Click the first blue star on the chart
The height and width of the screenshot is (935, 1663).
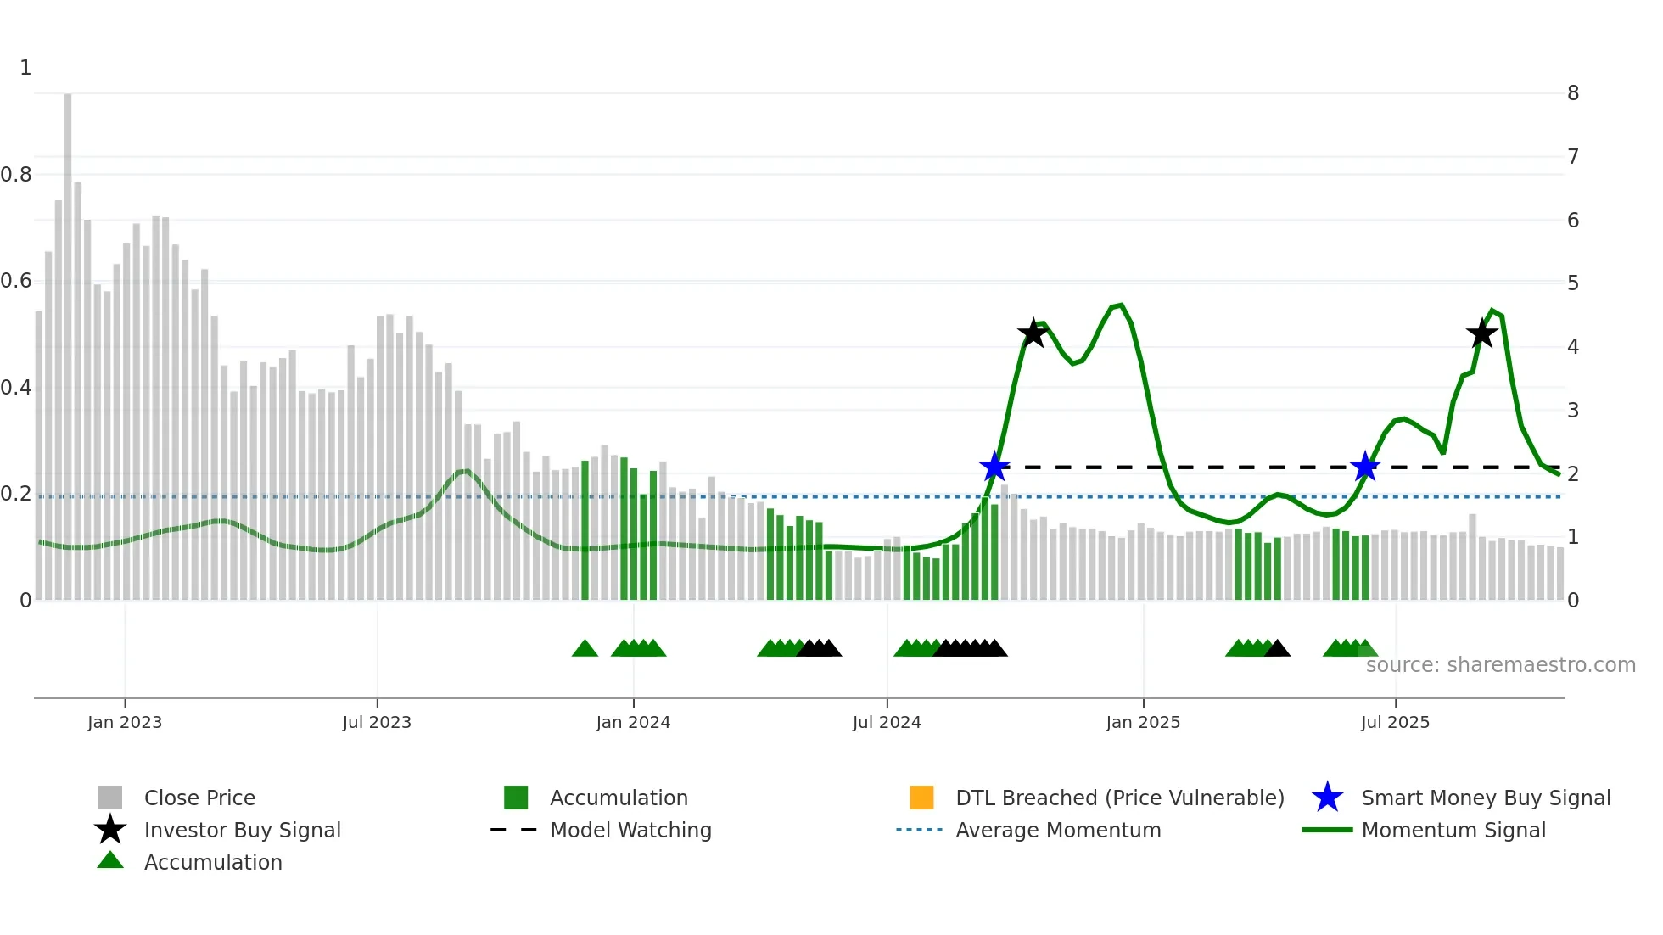click(x=994, y=467)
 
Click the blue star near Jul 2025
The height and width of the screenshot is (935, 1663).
click(x=1365, y=467)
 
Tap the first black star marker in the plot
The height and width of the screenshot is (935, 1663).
click(x=1033, y=333)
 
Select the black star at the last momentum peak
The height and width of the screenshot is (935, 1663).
click(x=1481, y=333)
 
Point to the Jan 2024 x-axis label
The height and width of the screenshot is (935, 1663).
click(x=633, y=722)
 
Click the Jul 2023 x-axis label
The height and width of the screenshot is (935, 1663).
click(x=377, y=722)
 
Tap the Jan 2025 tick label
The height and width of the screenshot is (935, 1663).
click(x=1143, y=722)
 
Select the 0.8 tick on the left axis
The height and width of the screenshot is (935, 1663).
click(x=16, y=175)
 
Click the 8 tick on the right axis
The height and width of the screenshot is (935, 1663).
click(x=1573, y=93)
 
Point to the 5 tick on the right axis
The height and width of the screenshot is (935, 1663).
click(x=1573, y=283)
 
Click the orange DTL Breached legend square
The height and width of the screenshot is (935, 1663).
click(x=921, y=798)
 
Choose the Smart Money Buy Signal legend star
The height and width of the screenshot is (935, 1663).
click(x=1327, y=798)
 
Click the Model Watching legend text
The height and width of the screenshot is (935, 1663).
click(x=630, y=830)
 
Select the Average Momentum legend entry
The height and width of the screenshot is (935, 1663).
click(x=1057, y=830)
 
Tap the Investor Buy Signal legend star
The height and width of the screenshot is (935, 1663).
click(x=110, y=830)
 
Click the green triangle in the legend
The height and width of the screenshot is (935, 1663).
click(x=110, y=860)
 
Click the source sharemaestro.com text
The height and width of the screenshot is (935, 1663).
click(x=1500, y=665)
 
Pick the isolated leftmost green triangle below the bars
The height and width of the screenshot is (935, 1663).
click(x=585, y=649)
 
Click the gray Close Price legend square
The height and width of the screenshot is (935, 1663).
click(x=110, y=798)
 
